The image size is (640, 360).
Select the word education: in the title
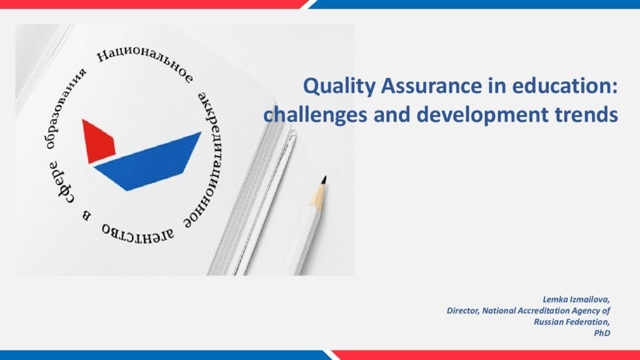coord(564,86)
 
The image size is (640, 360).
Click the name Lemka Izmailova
coord(576,299)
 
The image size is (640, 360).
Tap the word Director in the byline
coord(463,311)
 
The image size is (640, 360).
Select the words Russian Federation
coord(572,322)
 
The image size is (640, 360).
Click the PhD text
coord(602,333)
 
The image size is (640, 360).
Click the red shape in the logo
coord(98,141)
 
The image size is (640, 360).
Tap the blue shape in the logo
coord(147,161)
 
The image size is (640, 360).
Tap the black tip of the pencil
coord(324,180)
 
